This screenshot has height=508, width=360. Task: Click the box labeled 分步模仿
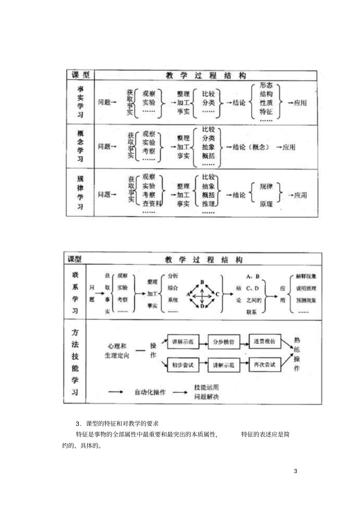click(224, 342)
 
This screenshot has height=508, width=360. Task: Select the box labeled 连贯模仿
click(265, 342)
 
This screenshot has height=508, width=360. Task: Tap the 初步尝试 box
click(183, 365)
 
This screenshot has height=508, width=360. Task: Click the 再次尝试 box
click(265, 365)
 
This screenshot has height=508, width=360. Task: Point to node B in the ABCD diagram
click(202, 282)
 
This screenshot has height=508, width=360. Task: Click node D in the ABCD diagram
click(202, 306)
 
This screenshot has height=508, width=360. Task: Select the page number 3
click(296, 472)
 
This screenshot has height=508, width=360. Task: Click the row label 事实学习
click(80, 102)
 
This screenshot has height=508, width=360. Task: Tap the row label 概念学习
click(80, 146)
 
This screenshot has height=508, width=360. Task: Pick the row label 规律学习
click(80, 192)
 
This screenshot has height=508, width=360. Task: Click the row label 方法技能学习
click(75, 362)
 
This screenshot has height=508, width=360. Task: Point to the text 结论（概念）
click(251, 147)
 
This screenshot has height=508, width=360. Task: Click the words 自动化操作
click(150, 392)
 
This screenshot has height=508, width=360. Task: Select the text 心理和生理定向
click(117, 351)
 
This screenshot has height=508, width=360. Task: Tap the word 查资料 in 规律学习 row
click(152, 204)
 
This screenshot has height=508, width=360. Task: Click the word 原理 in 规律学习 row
click(266, 204)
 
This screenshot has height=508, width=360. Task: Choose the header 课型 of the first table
click(81, 75)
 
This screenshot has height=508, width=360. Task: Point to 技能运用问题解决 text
click(207, 392)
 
